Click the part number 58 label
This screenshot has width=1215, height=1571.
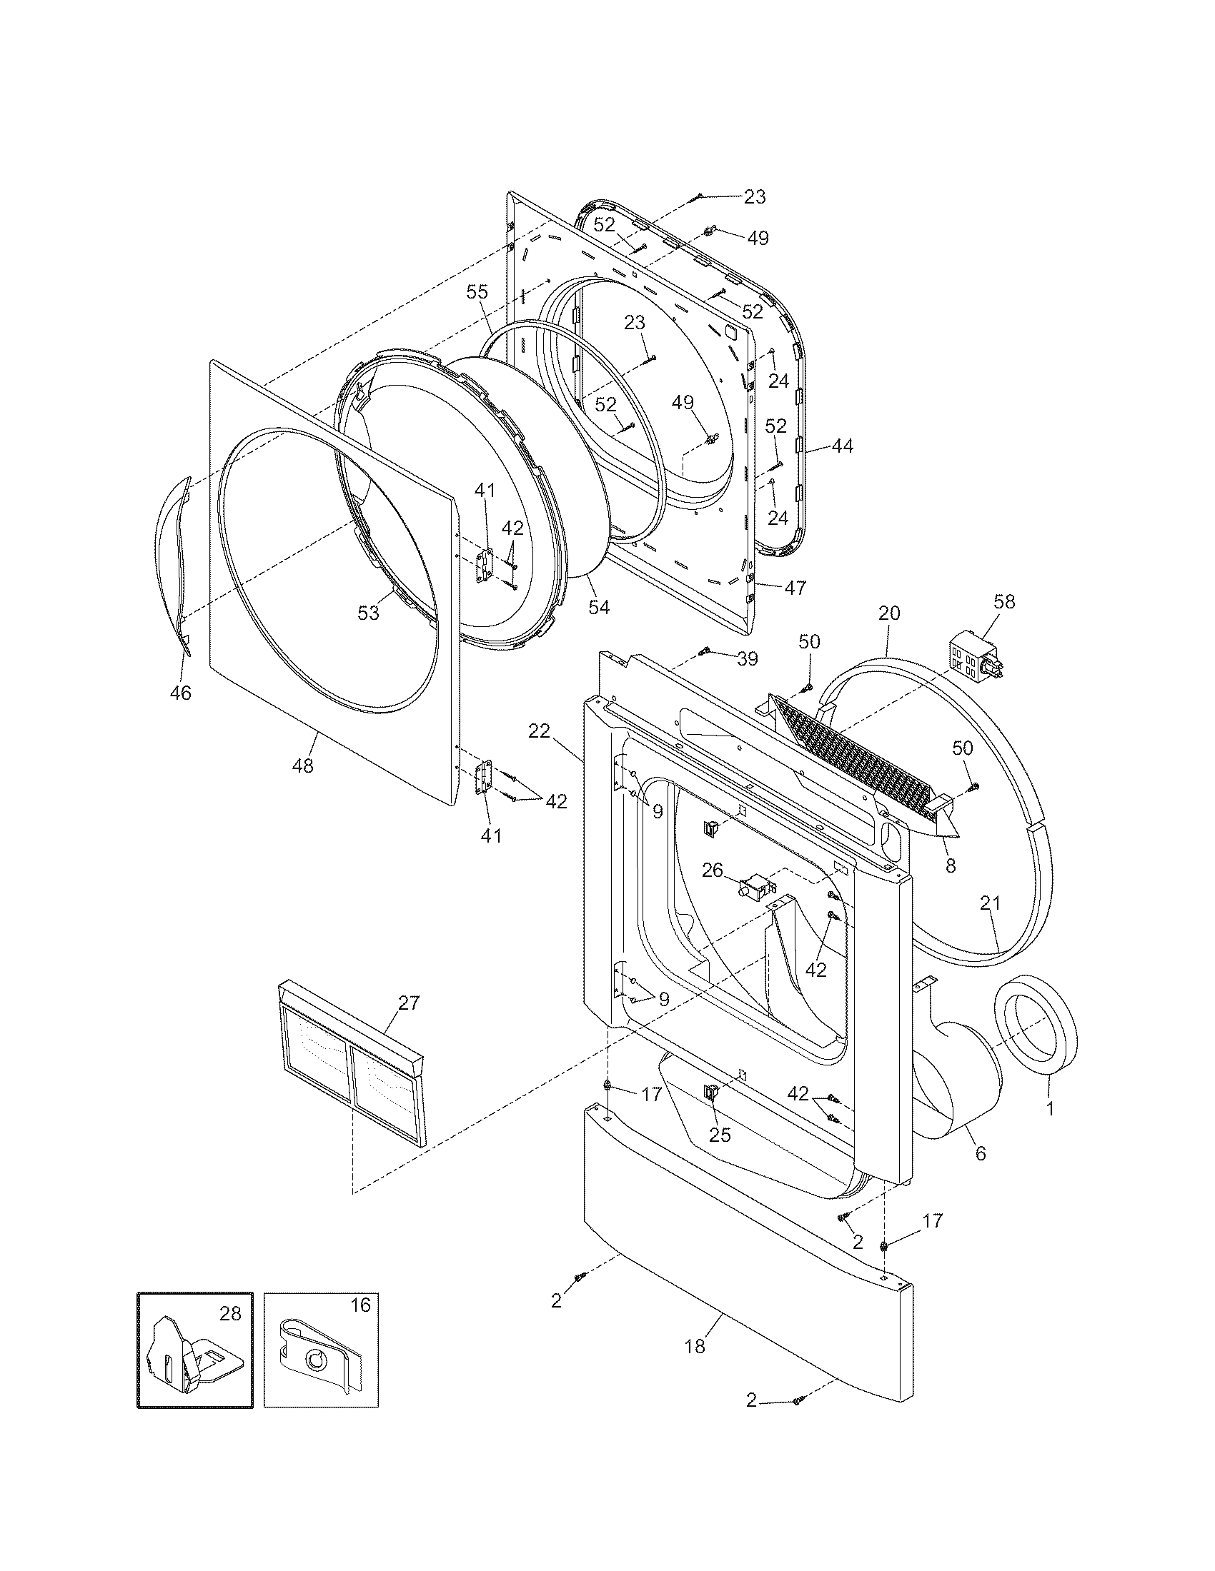pos(1004,601)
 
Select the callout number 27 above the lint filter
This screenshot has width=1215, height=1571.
pos(408,1003)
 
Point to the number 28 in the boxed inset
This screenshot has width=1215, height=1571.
pos(229,1314)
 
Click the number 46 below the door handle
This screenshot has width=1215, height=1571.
pos(181,693)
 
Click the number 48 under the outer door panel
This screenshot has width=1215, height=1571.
pos(303,766)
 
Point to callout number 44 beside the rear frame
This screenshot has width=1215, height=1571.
pos(842,446)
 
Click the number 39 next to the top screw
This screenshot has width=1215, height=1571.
pos(748,658)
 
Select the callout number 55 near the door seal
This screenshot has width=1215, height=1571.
pos(477,292)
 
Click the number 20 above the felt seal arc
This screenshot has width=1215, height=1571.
pos(889,613)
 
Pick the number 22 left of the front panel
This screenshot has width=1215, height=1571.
pos(539,731)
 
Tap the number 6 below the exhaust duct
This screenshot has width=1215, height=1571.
pos(981,1154)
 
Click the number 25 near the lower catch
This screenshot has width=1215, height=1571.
pos(720,1135)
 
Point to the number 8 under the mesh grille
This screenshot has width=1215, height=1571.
pos(951,867)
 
